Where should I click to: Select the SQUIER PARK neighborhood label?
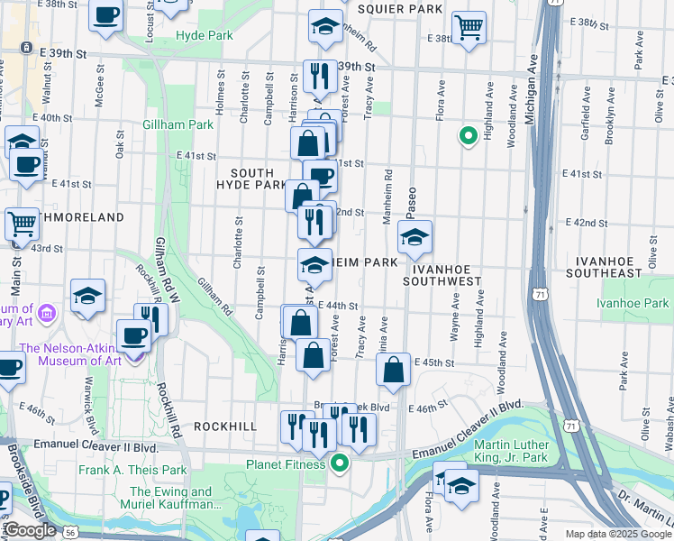tap(400, 9)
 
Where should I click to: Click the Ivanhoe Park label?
tap(637, 304)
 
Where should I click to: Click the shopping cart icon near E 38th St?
tap(469, 27)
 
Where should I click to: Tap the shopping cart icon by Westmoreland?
tap(23, 225)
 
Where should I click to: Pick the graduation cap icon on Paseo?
tap(414, 239)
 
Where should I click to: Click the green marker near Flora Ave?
tap(468, 136)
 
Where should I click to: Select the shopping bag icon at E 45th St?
tap(394, 370)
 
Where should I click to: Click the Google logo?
tap(30, 530)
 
